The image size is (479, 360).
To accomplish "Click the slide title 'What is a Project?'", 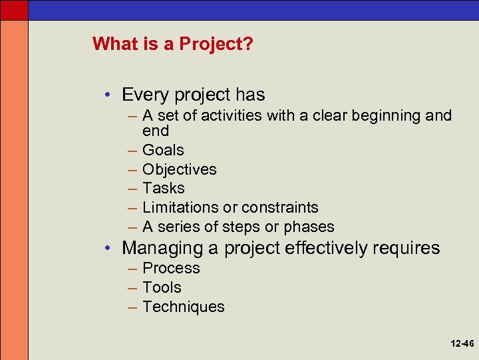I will tap(172, 44).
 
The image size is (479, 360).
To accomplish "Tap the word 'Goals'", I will tap(163, 150).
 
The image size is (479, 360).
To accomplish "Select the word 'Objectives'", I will tap(179, 169).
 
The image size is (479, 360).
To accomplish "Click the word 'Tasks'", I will tap(163, 188).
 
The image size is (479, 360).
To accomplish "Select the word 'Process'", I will tap(171, 268).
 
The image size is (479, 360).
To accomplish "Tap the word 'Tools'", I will tap(162, 287).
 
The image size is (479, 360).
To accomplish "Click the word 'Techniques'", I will tap(183, 307).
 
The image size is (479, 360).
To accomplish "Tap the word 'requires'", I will tap(406, 248).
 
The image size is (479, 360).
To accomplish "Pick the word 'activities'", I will tap(230, 116).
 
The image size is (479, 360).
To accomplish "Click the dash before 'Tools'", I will tap(130, 287).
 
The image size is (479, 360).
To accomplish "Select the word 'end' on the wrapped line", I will tap(156, 131).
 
